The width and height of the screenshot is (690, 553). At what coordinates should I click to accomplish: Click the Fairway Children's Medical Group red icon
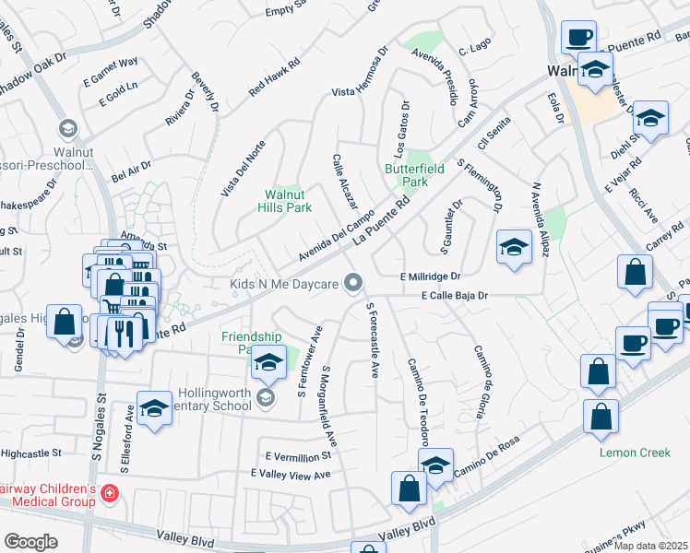point(109,494)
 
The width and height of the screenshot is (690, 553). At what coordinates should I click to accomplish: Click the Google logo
point(30,541)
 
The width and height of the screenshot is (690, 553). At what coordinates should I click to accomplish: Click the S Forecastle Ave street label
point(373,340)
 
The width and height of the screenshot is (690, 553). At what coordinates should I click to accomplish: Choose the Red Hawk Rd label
point(275,78)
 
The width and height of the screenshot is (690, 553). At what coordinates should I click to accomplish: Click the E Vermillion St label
point(297,456)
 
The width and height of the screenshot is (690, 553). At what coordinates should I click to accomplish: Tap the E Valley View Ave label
point(290,474)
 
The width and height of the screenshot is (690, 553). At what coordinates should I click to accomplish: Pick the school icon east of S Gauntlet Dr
point(514,246)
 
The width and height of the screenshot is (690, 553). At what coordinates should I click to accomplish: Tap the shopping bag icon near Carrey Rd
point(636,272)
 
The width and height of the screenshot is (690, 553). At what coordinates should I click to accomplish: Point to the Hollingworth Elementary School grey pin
point(267,397)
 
